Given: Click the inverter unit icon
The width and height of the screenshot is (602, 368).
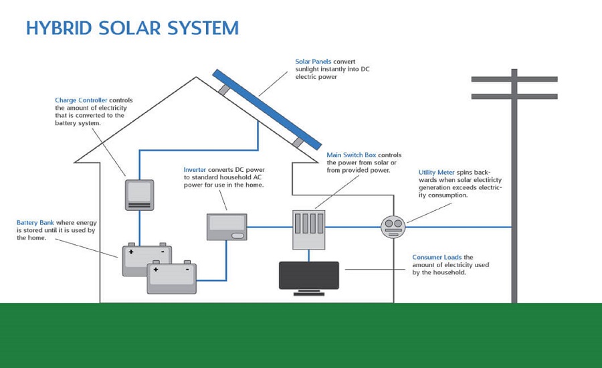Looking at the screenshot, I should pos(227,227).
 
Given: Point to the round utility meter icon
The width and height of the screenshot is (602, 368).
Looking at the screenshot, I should pos(393,226).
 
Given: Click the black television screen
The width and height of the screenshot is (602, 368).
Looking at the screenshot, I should pos(308,275).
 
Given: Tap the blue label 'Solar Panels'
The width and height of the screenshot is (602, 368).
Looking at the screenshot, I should pos(313,62).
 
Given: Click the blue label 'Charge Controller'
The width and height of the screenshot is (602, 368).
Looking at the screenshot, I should pos(81,100).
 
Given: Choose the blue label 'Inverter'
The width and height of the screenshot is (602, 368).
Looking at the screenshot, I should pos(195,170).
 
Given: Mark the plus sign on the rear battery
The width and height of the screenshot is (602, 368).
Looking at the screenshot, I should pos(130,252).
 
